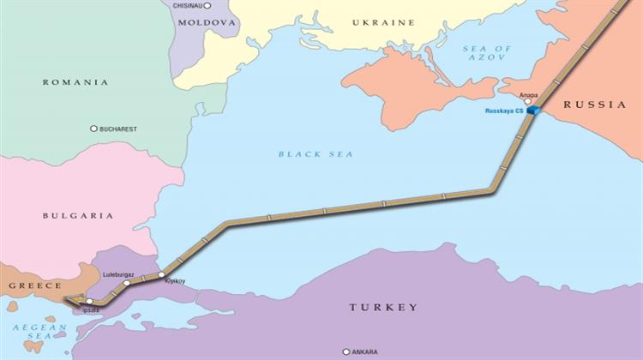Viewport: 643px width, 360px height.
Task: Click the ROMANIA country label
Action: (76, 82)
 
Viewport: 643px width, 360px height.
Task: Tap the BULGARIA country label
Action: (78, 215)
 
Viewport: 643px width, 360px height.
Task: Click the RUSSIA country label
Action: (594, 105)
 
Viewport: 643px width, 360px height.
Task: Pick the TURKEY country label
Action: (382, 307)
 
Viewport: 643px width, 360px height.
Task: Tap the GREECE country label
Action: (34, 285)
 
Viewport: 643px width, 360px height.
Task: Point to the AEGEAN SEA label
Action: (28, 334)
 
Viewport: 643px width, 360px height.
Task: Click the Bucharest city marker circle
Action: (93, 129)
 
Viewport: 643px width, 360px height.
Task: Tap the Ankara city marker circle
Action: (346, 351)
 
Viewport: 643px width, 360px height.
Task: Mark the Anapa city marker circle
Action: (528, 100)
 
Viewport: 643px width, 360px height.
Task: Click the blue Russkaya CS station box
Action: (533, 111)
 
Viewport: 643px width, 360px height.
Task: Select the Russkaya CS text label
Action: (504, 111)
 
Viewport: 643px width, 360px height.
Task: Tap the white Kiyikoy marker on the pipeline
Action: (161, 274)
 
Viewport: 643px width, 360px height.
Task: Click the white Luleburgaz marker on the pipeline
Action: (126, 282)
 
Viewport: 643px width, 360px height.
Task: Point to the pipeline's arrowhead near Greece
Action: (69, 300)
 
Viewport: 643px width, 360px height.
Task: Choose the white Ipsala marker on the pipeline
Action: (89, 302)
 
